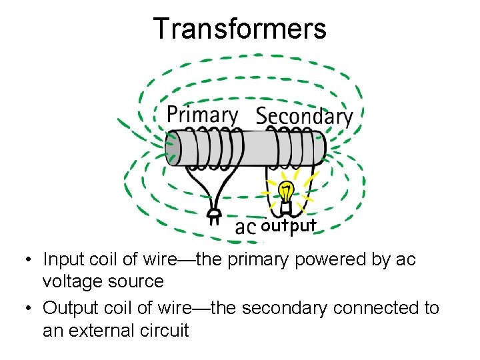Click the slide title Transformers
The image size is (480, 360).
point(240,29)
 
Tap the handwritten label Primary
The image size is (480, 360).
point(201,114)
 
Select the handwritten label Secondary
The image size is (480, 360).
point(304,116)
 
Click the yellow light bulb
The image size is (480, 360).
point(286,191)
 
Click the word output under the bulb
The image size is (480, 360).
point(289,226)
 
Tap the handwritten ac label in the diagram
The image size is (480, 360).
point(246,227)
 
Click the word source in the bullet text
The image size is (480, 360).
point(141,281)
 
